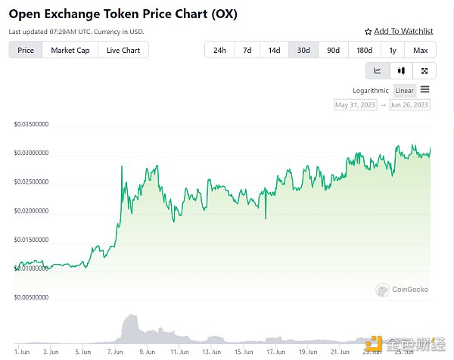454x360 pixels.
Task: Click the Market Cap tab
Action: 70,50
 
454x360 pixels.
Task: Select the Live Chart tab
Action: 123,50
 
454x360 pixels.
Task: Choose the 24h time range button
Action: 219,50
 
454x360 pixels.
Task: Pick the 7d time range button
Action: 247,50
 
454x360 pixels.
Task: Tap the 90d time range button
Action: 333,50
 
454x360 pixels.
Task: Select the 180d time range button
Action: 364,50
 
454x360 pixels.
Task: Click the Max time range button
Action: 421,50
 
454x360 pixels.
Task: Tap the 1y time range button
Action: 393,50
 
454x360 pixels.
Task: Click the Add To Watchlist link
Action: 399,31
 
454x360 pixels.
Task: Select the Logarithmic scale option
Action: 371,91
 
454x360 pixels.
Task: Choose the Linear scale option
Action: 405,91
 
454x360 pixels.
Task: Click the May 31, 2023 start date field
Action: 356,105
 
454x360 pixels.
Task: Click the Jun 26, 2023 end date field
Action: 409,105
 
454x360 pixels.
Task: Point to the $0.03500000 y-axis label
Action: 32,123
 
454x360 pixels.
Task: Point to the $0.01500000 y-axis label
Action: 32,240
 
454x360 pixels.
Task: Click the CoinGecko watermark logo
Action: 393,289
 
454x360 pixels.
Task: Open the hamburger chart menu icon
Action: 425,90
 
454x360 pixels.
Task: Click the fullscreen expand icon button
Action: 424,70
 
